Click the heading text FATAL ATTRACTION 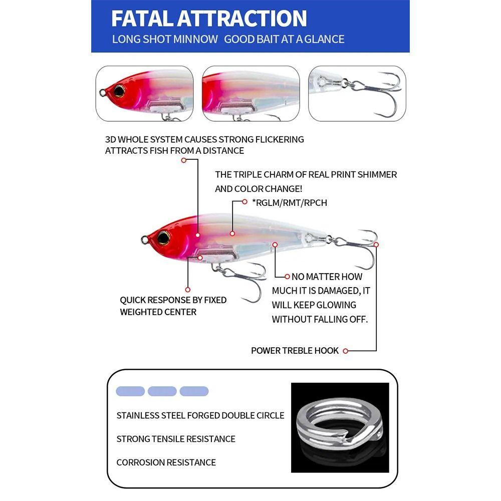click(208, 19)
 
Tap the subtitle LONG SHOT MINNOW click(165, 39)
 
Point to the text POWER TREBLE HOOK click(295, 351)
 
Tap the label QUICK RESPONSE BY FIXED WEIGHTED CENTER click(173, 306)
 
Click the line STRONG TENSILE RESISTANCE click(175, 439)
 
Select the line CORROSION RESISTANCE click(166, 462)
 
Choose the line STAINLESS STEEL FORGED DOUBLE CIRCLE click(200, 415)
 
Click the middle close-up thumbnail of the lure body click(250, 94)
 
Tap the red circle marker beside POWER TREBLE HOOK click(346, 351)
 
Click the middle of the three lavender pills click(162, 391)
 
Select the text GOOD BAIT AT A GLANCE click(284, 39)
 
